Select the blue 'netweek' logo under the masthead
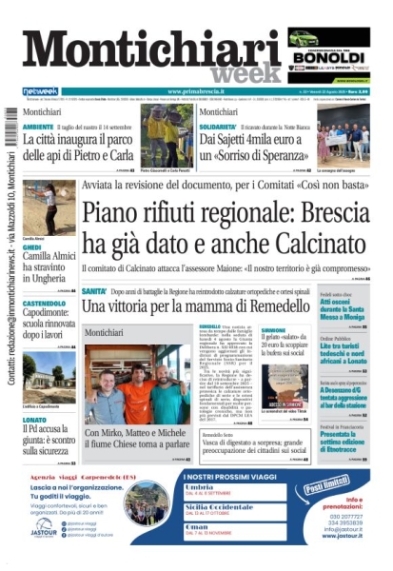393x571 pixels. (41, 91)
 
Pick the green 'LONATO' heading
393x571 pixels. (34, 392)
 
